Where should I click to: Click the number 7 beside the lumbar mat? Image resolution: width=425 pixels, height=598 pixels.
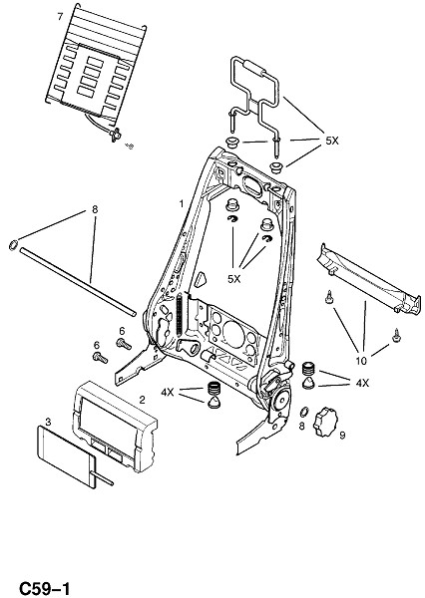(60, 17)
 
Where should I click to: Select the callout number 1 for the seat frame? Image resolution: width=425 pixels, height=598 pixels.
(182, 204)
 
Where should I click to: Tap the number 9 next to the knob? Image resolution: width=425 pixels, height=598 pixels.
(342, 436)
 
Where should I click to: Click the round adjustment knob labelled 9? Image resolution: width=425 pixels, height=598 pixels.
(325, 423)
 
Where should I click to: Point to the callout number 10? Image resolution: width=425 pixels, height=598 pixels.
(361, 361)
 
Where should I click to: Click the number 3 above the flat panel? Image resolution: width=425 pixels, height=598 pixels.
(48, 422)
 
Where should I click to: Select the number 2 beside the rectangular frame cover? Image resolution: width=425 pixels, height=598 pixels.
(142, 400)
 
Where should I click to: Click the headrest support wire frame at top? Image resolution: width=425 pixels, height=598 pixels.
(255, 87)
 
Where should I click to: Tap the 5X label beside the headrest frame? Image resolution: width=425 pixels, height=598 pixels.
(332, 141)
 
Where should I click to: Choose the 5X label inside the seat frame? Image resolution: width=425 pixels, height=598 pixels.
(234, 279)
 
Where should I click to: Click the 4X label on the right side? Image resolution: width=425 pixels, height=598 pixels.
(362, 383)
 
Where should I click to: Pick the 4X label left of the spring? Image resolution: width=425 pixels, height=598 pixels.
(168, 392)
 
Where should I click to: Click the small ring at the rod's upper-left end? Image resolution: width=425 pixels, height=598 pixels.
(13, 244)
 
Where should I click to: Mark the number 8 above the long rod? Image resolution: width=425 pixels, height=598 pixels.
(95, 209)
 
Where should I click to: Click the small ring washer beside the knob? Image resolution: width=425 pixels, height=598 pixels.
(304, 412)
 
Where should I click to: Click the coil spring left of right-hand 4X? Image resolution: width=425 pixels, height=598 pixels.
(309, 369)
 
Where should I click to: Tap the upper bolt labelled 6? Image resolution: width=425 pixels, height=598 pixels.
(124, 344)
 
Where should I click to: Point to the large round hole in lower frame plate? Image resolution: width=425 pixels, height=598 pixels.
(233, 335)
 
